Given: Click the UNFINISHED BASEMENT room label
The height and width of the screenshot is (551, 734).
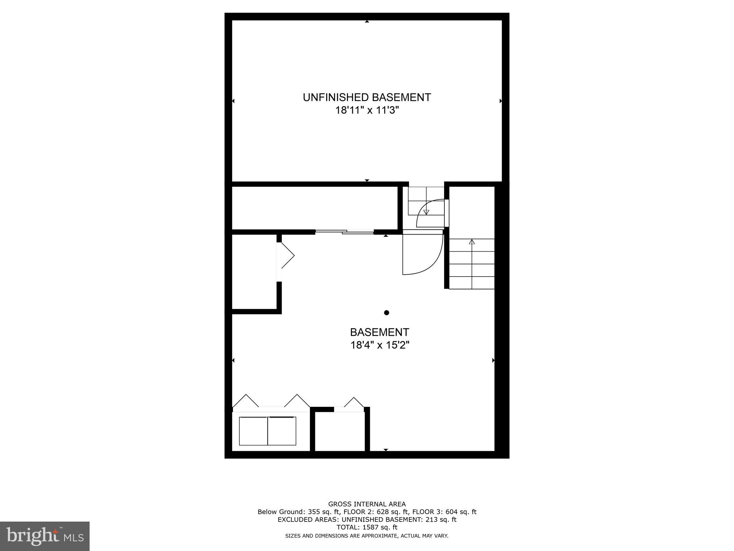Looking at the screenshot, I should (367, 97).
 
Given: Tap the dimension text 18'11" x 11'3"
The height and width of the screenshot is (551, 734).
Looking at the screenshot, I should (367, 110).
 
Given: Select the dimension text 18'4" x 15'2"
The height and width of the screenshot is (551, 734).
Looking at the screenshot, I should (380, 345).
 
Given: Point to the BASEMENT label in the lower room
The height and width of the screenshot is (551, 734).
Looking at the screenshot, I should (380, 332).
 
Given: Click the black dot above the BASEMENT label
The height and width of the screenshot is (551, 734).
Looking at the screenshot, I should (386, 313).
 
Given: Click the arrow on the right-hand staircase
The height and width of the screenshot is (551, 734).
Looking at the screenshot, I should (472, 242).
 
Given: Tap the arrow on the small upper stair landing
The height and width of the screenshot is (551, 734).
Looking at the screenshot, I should (426, 212).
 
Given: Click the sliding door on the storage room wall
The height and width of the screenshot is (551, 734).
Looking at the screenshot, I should (344, 232).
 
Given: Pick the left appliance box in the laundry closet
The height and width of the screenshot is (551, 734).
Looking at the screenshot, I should (253, 431).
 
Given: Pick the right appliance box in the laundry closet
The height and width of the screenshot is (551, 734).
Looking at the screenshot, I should (282, 431).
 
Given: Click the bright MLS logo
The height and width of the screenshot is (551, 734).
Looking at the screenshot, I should (44, 536).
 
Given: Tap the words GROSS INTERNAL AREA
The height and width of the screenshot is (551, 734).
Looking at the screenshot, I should (367, 504).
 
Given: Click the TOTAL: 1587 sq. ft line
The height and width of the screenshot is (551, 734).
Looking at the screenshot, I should (367, 527).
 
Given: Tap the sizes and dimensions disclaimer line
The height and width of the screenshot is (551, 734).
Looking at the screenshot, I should (367, 536).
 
